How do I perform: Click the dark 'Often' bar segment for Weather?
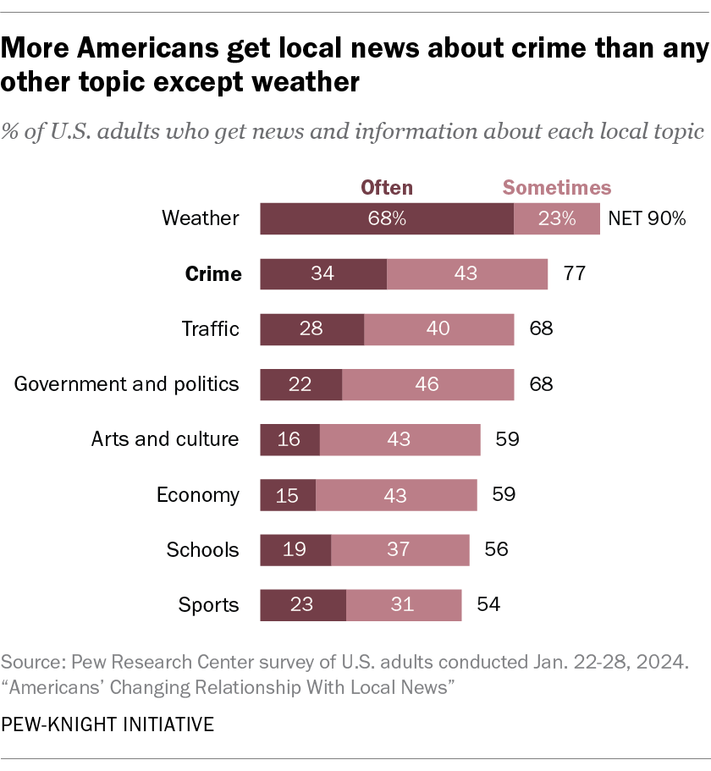pos(386,218)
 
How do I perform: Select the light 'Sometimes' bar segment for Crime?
pos(466,274)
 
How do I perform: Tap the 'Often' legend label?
pos(387,187)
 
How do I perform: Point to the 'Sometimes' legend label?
pos(557,187)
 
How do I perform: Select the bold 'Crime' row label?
pos(212,274)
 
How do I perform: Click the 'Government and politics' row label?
pos(127,384)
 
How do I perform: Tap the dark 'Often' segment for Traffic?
pos(311,329)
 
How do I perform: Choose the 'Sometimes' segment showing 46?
pos(427,384)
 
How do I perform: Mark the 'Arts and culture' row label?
pos(165,439)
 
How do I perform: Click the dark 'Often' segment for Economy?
pos(287,495)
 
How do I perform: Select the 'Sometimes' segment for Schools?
pos(400,550)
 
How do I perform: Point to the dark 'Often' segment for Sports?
pos(302,605)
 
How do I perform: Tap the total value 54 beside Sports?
pos(488,605)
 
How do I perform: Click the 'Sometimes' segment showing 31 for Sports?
pos(403,605)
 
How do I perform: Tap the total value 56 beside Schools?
pos(496,550)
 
